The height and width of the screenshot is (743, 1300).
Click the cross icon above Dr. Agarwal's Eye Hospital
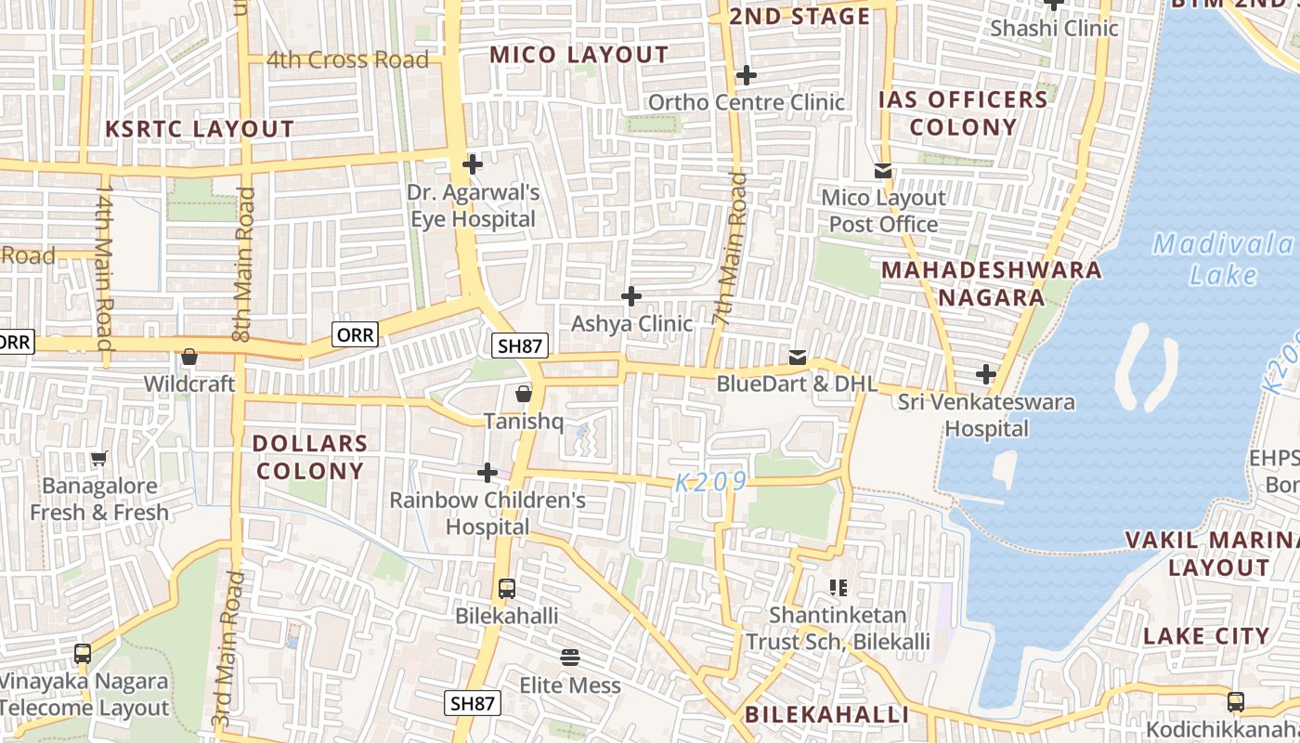tap(473, 165)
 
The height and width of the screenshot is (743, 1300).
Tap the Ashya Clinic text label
tap(631, 323)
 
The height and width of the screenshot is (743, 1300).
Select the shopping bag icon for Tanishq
tap(524, 394)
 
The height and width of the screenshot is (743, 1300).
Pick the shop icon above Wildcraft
tap(189, 357)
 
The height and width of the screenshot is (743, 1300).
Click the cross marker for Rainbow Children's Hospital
tap(487, 474)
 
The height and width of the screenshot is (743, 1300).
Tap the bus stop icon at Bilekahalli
tap(507, 588)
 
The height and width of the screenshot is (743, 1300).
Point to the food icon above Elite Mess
tap(570, 658)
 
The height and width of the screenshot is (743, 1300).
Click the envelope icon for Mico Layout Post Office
tap(882, 171)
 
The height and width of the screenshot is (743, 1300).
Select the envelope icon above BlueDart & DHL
tap(797, 357)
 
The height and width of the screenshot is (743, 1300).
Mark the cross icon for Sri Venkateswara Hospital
tap(986, 375)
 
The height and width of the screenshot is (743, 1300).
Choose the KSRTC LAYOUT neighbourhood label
tap(200, 129)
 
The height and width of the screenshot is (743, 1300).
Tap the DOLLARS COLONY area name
tap(310, 457)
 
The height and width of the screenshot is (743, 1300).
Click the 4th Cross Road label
tap(347, 60)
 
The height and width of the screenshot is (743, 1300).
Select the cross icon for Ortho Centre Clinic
tap(746, 75)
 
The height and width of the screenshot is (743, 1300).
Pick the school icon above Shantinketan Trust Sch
tap(838, 587)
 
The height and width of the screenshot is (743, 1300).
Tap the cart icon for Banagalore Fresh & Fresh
tap(98, 458)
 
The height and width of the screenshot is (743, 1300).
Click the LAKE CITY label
tap(1206, 636)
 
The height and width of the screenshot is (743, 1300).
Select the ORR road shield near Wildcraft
tap(355, 334)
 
